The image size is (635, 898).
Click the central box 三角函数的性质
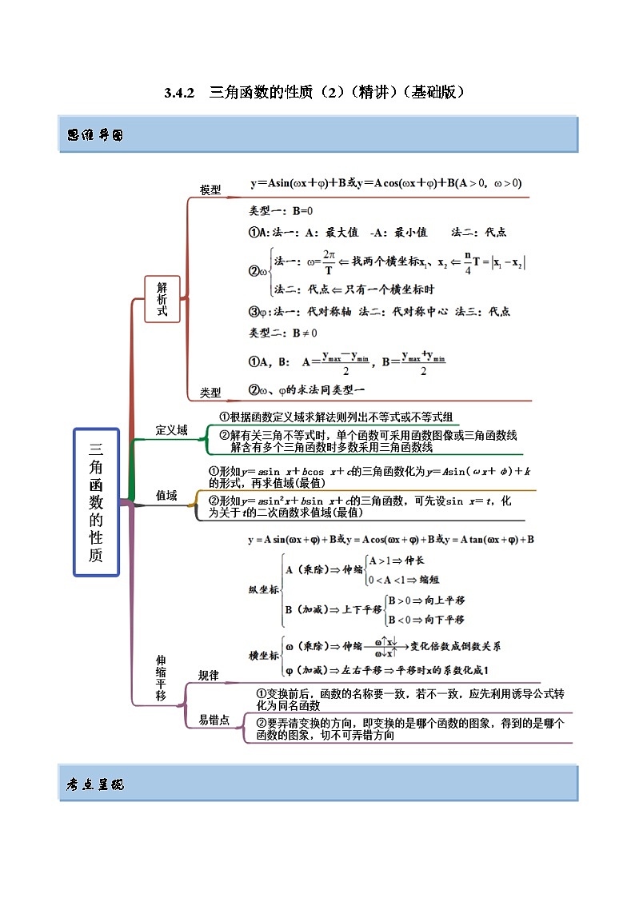96,501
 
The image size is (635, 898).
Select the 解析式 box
162,299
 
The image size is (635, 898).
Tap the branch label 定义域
171,430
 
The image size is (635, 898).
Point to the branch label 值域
166,496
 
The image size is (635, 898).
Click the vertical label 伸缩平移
161,678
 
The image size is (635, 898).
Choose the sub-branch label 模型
210,190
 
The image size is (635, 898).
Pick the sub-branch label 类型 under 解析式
210,393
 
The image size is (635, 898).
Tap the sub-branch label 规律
208,676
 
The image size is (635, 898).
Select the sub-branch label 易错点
214,720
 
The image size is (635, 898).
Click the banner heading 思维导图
95,135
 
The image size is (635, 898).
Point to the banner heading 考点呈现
95,784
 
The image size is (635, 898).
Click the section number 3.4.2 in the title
180,93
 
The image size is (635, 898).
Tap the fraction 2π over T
328,263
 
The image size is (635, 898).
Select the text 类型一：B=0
281,212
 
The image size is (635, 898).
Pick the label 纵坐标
264,589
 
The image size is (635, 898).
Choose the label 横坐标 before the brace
264,656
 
